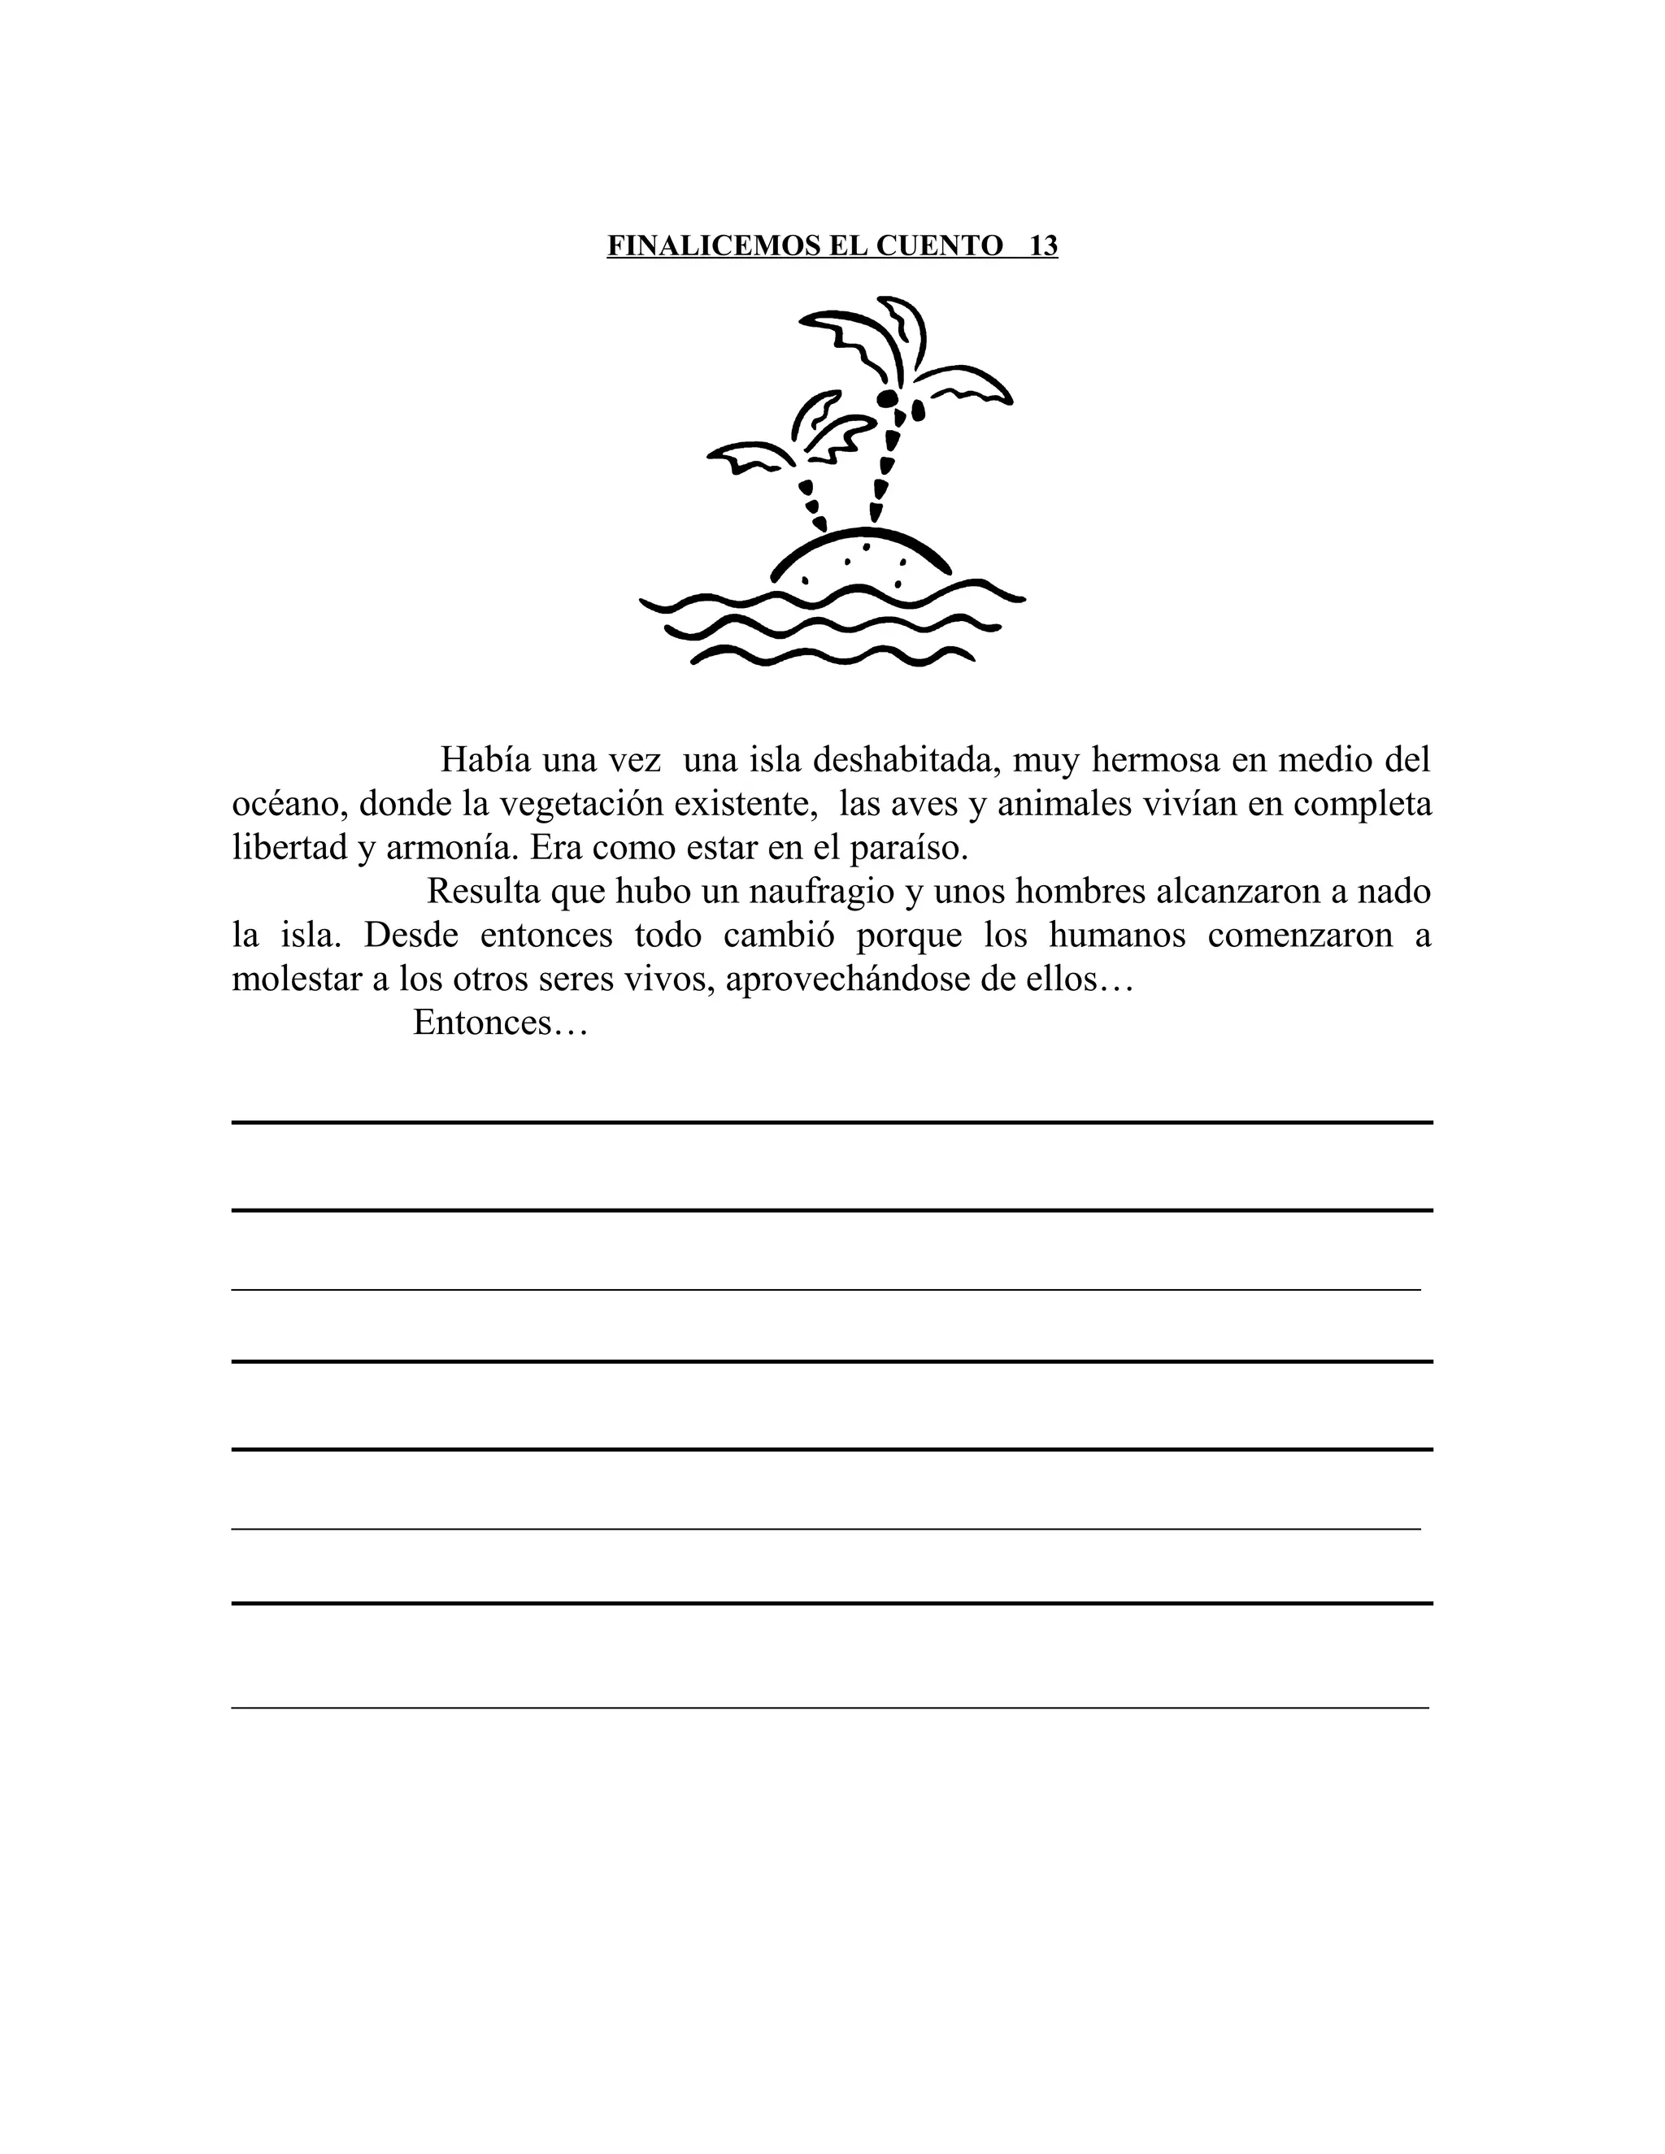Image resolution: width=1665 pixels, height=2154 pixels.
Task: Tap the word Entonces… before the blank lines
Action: (500, 1022)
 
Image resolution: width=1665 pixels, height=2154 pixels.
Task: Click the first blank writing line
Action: (832, 1122)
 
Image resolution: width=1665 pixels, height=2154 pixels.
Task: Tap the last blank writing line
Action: (829, 1706)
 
